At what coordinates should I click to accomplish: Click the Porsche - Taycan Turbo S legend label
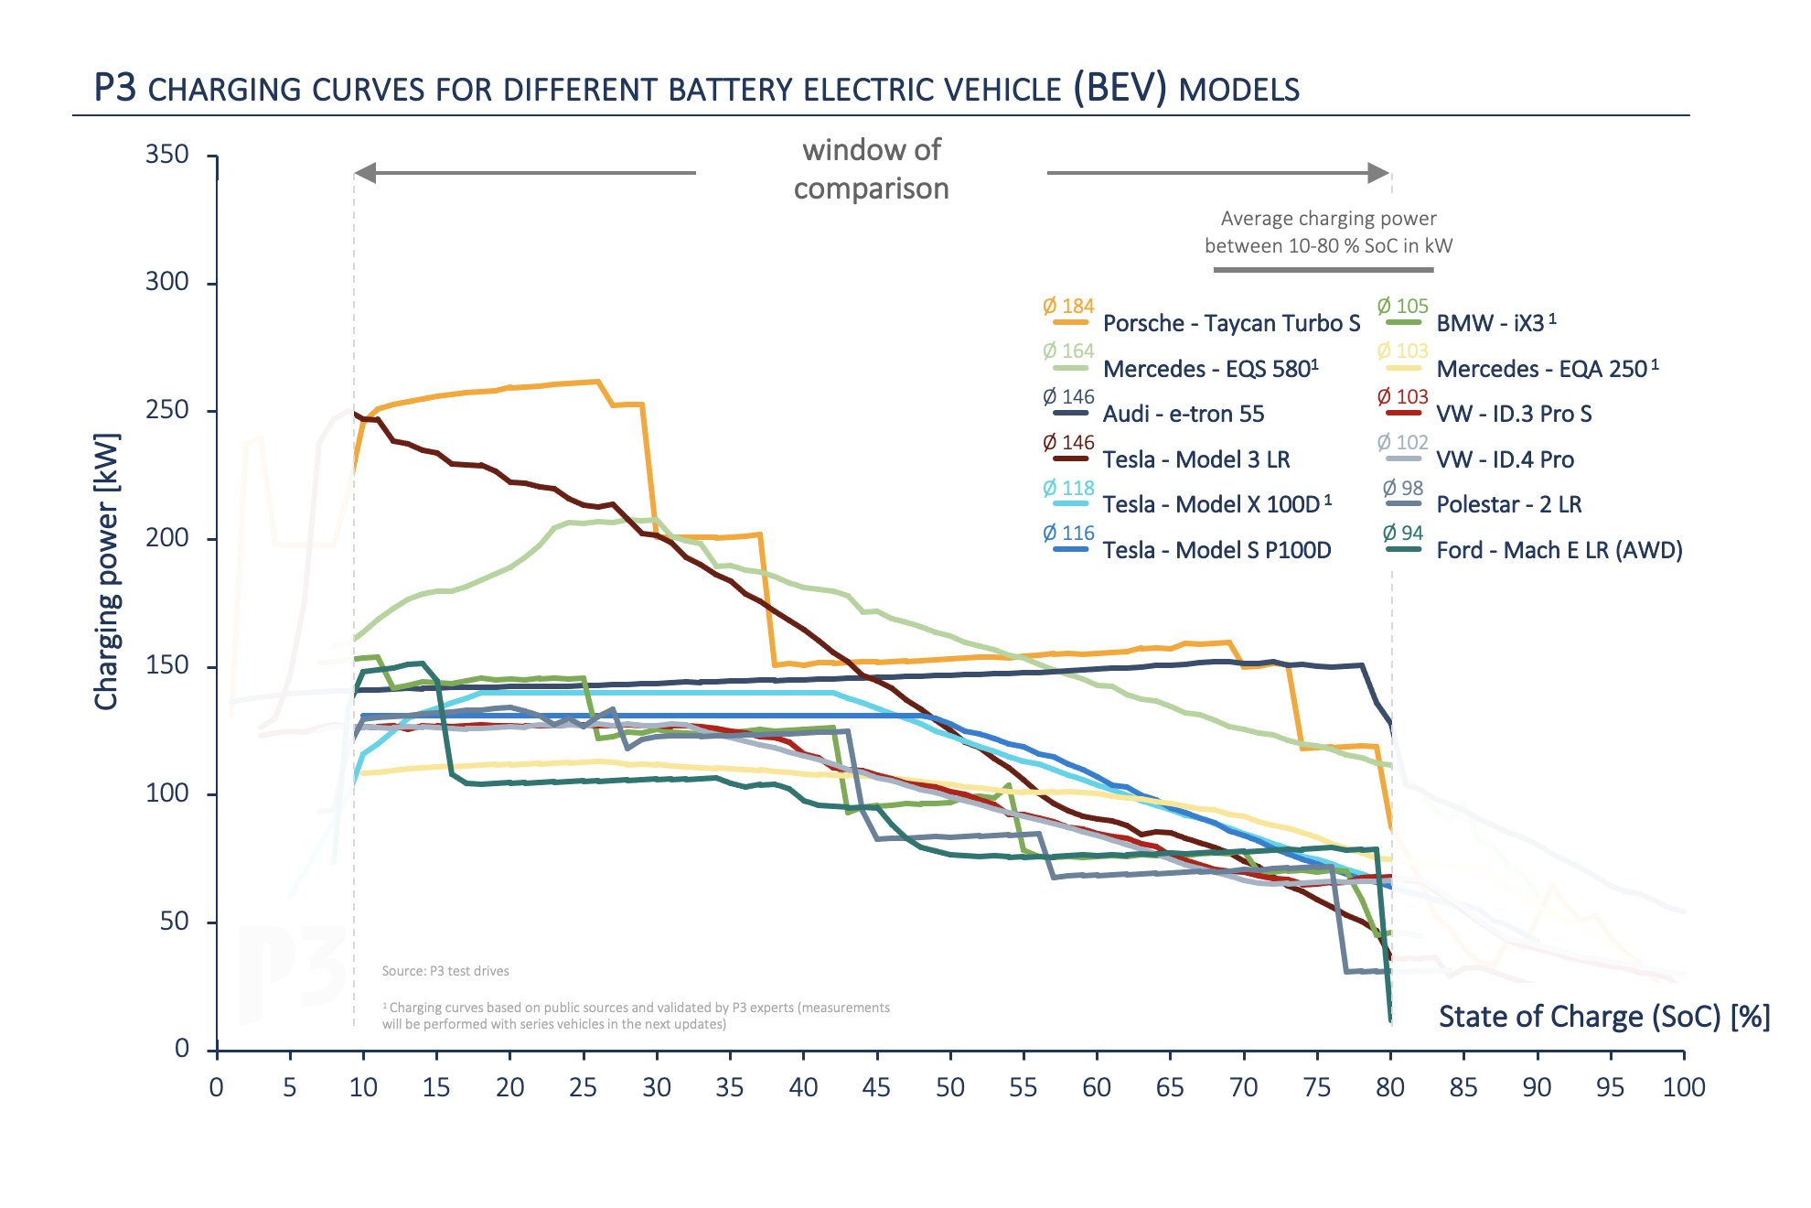pos(1231,323)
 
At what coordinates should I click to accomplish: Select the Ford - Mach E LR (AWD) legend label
pos(1559,550)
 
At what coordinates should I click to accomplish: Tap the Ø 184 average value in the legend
pos(1068,306)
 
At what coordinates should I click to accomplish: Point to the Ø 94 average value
pos(1403,533)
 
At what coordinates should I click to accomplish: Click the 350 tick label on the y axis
pos(167,154)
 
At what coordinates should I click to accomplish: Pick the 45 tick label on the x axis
pos(876,1087)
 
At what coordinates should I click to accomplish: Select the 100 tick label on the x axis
pos(1683,1087)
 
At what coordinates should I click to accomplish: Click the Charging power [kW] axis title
pos(107,571)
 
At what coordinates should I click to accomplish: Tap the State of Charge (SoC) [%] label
pos(1604,1017)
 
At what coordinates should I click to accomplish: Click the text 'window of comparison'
pos(871,169)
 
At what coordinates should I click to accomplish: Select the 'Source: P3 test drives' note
pos(445,971)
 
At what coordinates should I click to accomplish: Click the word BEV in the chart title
pos(1120,88)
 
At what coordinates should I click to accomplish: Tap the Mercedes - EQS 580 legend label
pos(1210,369)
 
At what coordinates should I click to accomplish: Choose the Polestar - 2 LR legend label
pos(1508,504)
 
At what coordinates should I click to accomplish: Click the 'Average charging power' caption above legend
pos(1328,219)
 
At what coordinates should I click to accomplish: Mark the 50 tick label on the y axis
pos(174,921)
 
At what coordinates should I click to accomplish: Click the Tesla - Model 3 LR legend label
pos(1196,459)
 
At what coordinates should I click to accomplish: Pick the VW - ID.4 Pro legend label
pos(1505,459)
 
